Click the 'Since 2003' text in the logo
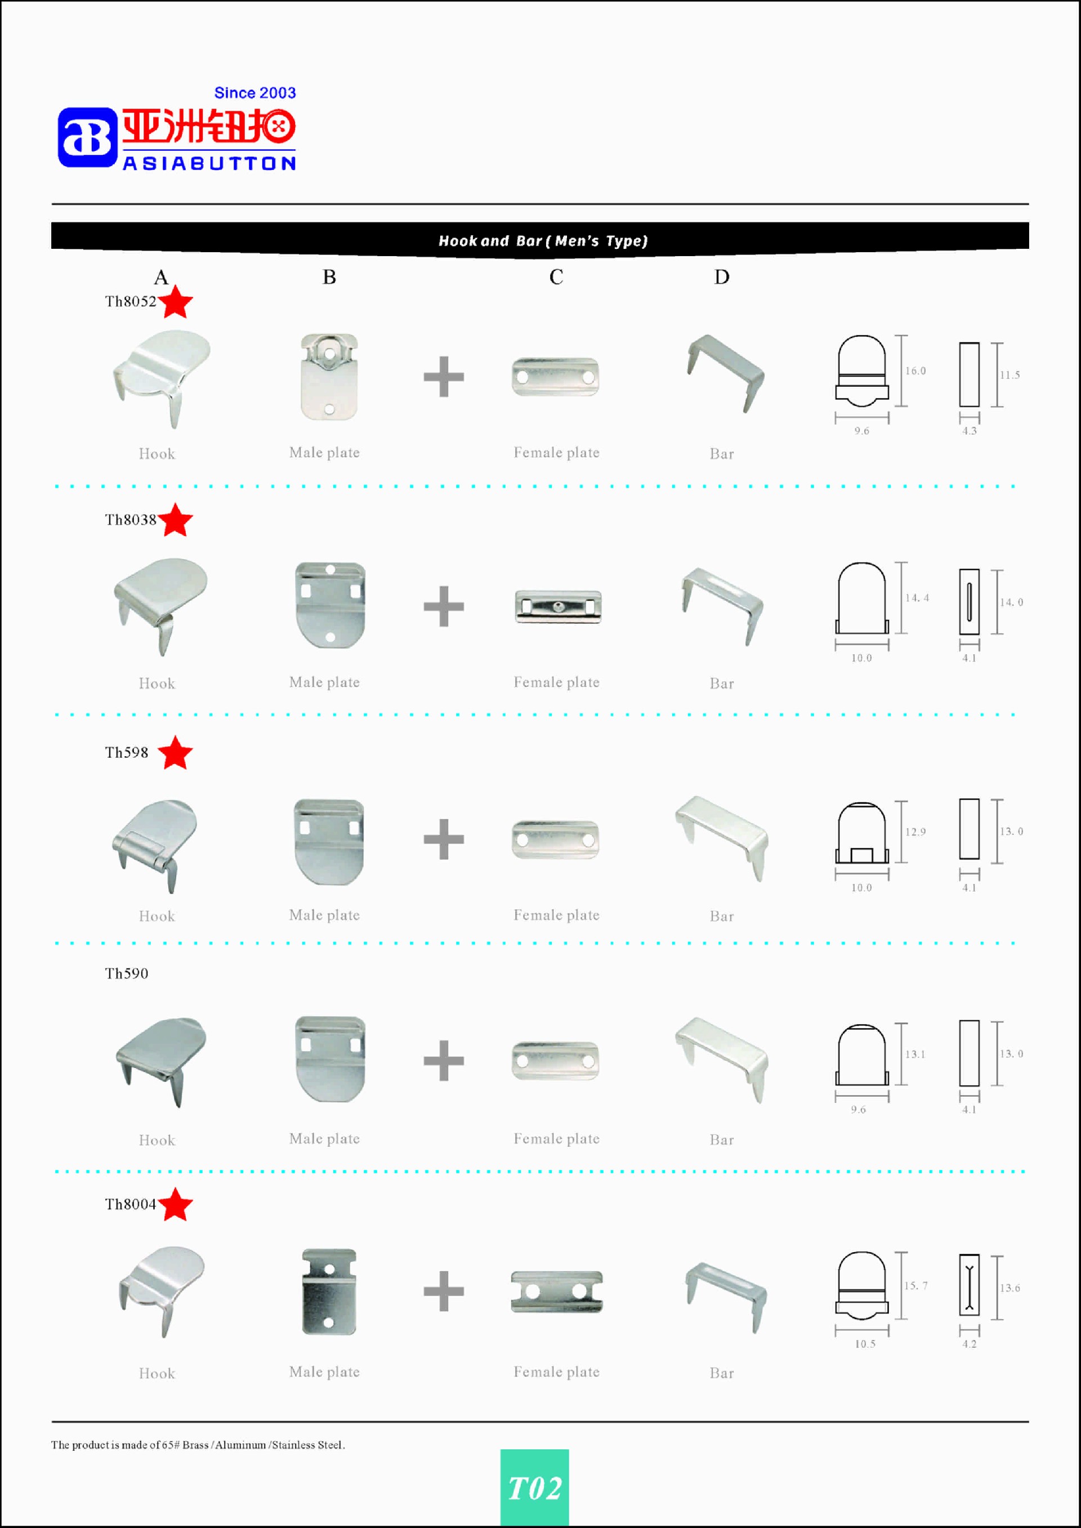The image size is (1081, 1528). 255,92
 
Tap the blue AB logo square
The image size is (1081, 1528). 87,137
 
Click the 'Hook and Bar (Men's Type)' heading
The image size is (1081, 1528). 543,241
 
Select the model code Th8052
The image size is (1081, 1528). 131,301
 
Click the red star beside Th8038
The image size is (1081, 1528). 176,520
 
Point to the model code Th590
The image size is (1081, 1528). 127,973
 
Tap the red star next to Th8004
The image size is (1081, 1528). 176,1205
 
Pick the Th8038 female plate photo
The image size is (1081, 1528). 558,606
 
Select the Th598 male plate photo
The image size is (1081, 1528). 329,842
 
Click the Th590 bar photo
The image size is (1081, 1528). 722,1060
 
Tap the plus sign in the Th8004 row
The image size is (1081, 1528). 443,1291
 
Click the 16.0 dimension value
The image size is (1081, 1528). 915,370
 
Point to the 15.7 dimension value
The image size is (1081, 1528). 916,1286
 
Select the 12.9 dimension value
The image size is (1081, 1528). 915,832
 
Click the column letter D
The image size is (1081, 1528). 722,277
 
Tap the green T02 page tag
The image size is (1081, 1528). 534,1488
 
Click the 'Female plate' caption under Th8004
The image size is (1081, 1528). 556,1371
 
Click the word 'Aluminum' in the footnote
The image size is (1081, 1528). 240,1445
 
